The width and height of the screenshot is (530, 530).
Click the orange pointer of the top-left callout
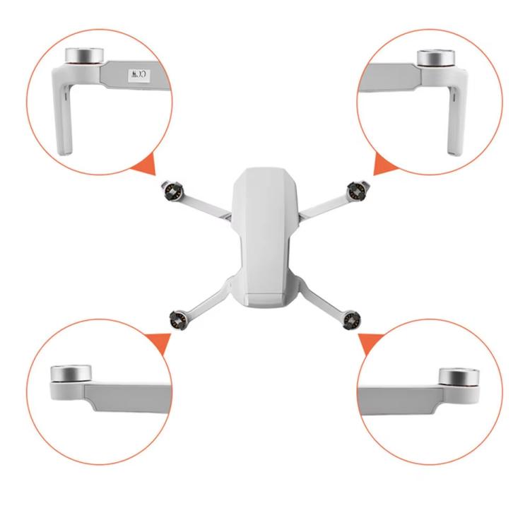146,168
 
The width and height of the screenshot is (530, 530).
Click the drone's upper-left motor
173,190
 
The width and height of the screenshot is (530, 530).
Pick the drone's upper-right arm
322,204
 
